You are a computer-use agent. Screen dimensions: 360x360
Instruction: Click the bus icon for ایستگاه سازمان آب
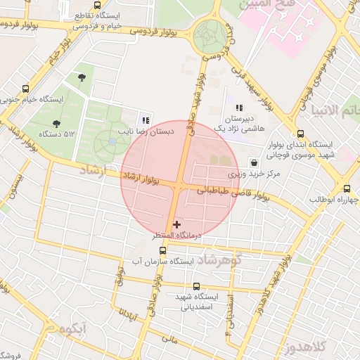(x=164, y=250)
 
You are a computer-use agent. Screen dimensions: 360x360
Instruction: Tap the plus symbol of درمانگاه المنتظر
(x=176, y=224)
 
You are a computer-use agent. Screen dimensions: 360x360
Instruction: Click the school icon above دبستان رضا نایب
(x=146, y=120)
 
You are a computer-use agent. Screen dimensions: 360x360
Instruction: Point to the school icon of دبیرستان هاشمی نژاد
(x=240, y=108)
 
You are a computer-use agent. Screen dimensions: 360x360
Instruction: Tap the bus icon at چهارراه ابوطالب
(x=347, y=188)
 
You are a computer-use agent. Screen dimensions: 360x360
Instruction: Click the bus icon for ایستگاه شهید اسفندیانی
(x=195, y=286)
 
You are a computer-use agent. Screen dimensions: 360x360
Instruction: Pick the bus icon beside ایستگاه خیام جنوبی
(x=26, y=89)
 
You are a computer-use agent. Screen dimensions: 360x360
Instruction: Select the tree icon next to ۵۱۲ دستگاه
(x=56, y=124)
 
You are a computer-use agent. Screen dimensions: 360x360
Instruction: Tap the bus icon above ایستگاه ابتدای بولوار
(x=301, y=134)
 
